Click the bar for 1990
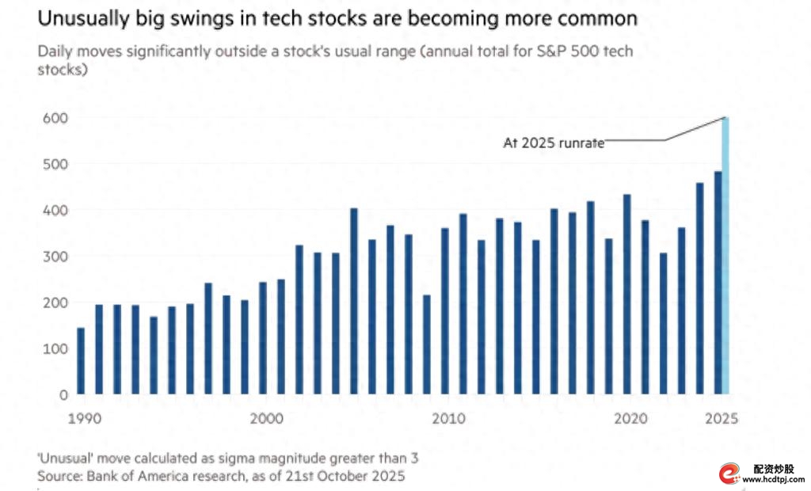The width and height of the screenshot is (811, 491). click(x=81, y=361)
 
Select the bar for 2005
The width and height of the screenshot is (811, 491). click(x=354, y=301)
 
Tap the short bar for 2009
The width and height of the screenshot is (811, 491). click(x=427, y=344)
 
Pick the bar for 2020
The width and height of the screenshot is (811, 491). click(x=626, y=294)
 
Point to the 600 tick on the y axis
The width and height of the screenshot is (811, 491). click(x=58, y=118)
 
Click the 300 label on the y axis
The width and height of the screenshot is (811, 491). click(x=58, y=256)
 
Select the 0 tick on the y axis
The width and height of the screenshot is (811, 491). click(x=63, y=394)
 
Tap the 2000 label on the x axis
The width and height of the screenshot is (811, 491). click(x=264, y=418)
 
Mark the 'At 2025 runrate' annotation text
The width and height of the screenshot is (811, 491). click(x=554, y=143)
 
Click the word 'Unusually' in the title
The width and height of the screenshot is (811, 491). click(x=83, y=17)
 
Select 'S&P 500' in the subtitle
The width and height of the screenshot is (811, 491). click(x=558, y=51)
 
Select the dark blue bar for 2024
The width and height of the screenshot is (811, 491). click(x=699, y=288)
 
